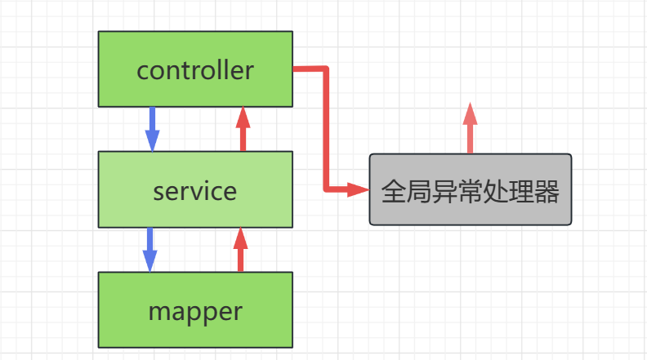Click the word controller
coord(195,70)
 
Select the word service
coord(194,191)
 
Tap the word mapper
coord(195,311)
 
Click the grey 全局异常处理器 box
coord(470,189)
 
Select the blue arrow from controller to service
coord(151,128)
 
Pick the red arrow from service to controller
coord(242,128)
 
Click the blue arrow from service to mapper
coord(149,249)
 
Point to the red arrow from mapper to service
coord(240,249)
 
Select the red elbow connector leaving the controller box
coord(326,122)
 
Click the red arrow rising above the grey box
coord(470,128)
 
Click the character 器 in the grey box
coord(547,193)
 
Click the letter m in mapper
coord(158,312)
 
